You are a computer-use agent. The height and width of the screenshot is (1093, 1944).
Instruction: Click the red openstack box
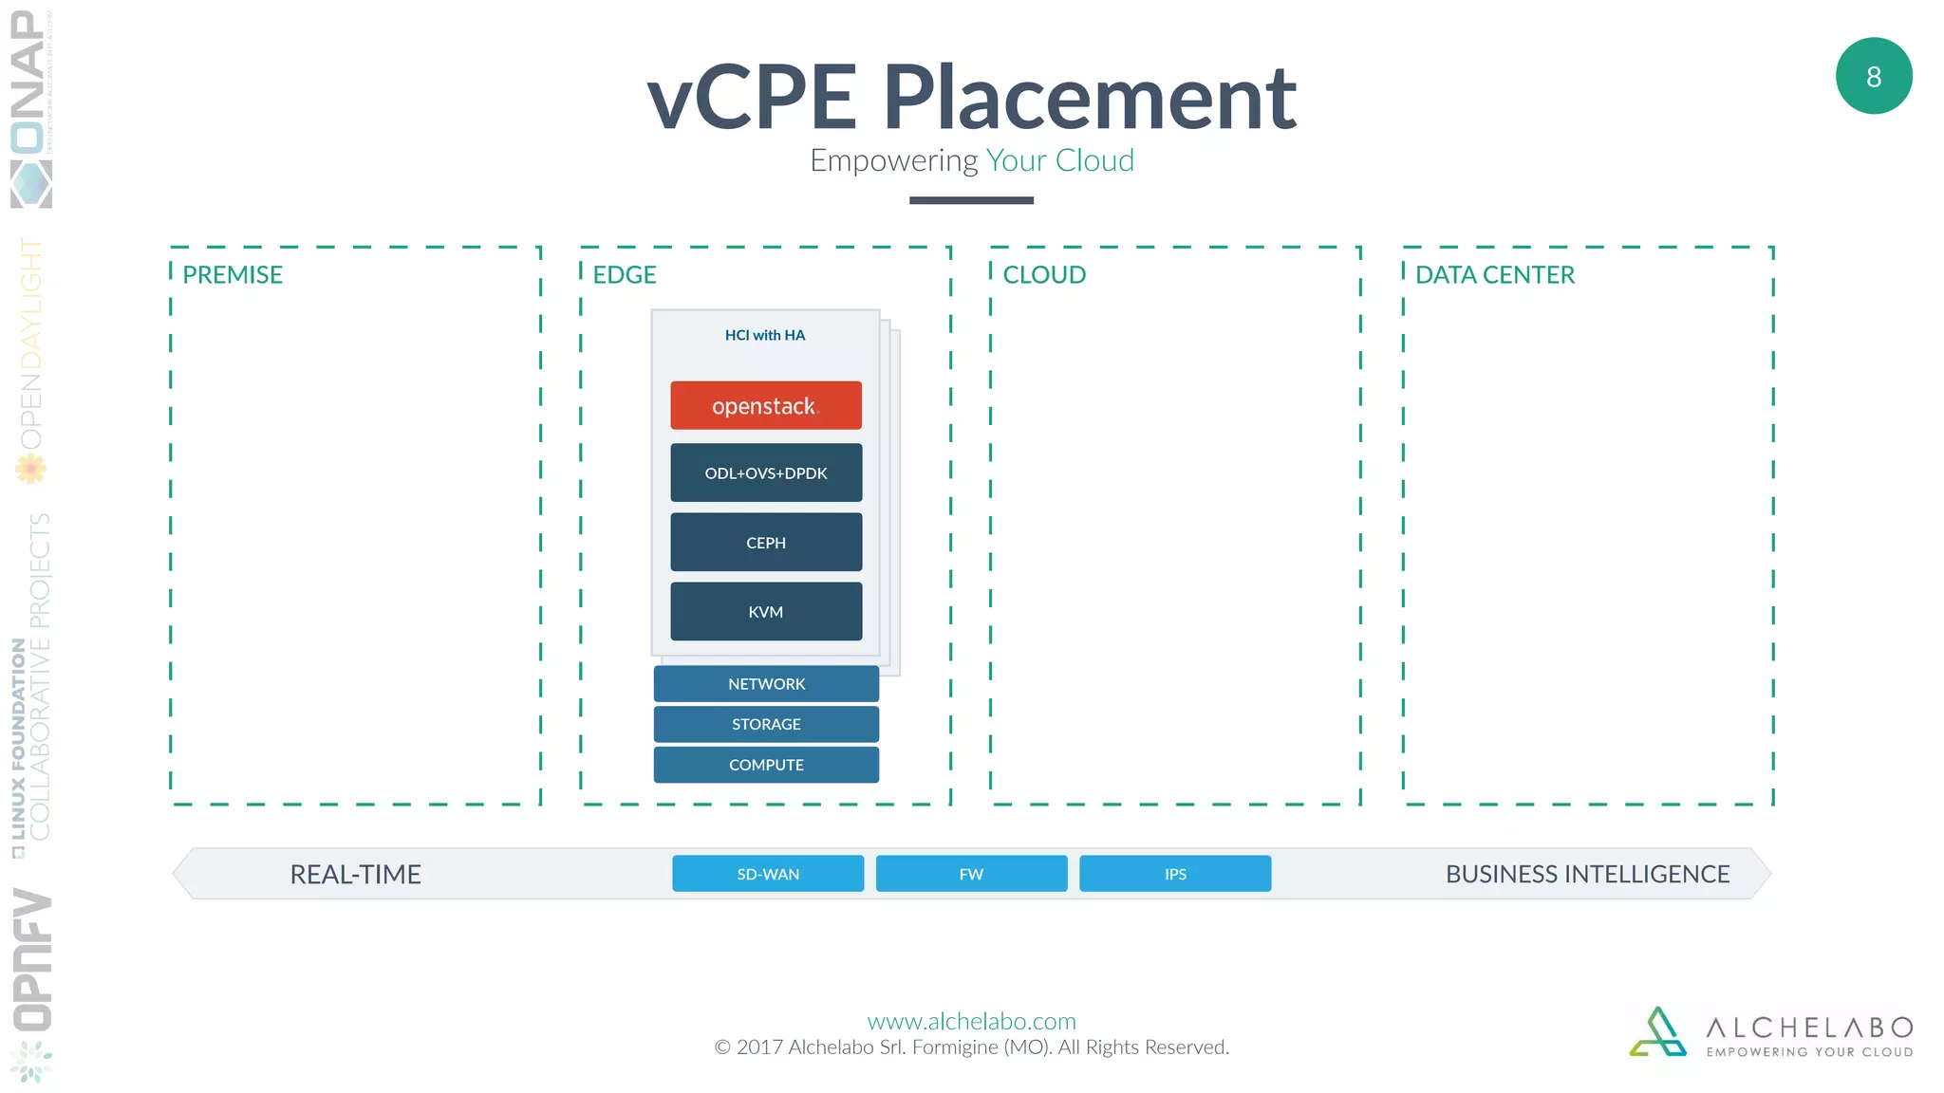click(x=766, y=405)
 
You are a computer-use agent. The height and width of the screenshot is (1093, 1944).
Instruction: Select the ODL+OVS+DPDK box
click(x=766, y=472)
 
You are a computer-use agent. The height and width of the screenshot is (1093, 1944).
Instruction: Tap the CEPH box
click(x=766, y=542)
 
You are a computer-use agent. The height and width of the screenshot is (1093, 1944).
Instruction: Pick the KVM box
click(x=766, y=612)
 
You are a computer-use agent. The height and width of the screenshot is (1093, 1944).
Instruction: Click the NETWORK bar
click(x=766, y=683)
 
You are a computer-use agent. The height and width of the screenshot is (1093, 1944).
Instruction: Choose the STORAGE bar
click(x=766, y=724)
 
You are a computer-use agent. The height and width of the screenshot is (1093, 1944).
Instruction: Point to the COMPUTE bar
click(x=766, y=765)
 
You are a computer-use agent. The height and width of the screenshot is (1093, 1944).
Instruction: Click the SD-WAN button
click(x=768, y=874)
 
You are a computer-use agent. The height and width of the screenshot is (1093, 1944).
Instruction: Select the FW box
click(x=971, y=874)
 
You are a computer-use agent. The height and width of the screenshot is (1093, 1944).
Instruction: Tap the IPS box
click(x=1175, y=874)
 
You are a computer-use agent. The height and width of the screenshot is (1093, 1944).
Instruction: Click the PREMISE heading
click(x=233, y=275)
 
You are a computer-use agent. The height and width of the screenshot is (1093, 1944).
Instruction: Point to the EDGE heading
click(x=625, y=275)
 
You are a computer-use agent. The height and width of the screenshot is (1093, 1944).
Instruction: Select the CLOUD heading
click(x=1044, y=275)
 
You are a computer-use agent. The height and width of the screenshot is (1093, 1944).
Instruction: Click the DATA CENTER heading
click(x=1494, y=275)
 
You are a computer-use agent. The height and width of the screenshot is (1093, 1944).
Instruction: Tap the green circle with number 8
click(x=1874, y=76)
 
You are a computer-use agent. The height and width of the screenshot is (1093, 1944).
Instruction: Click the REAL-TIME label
click(x=355, y=874)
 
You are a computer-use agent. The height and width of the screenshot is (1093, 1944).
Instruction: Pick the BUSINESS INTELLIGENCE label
click(x=1587, y=874)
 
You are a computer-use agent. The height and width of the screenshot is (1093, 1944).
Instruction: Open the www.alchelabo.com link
click(x=971, y=1021)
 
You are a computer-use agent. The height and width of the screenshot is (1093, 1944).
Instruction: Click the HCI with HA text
click(x=765, y=335)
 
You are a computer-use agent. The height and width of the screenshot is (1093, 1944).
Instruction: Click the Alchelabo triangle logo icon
click(x=1658, y=1032)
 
